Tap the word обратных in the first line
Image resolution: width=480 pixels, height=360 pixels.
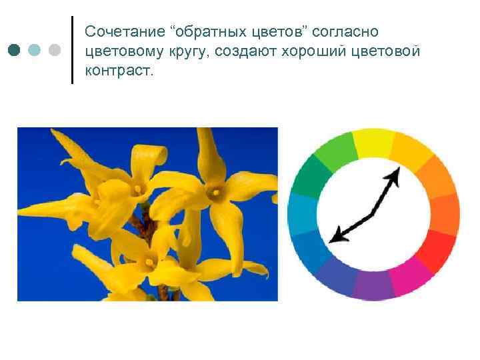(x=210, y=33)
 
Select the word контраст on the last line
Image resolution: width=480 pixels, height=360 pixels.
(x=119, y=71)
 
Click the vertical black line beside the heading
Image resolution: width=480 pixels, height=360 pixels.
(x=72, y=50)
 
